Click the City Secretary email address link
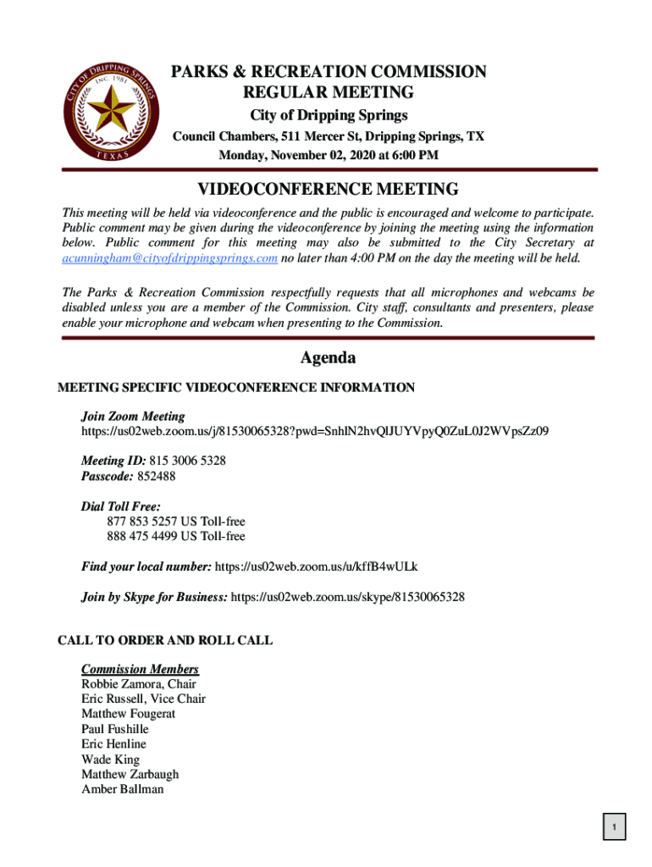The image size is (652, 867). point(170,258)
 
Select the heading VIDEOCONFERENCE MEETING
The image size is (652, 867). point(329,190)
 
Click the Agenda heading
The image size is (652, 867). point(328,358)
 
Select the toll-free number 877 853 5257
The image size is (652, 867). point(141,522)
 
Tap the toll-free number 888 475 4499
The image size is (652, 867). point(141,537)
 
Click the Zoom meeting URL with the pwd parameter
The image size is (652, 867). point(315,431)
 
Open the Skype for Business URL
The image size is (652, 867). point(347,597)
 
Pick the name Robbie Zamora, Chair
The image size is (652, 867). point(139,684)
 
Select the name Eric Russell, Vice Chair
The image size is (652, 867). point(143,699)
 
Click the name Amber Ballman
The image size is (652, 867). point(123,790)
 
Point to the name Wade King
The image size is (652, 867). point(110,759)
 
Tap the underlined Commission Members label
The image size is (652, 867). point(140,669)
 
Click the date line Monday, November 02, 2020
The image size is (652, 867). point(329,156)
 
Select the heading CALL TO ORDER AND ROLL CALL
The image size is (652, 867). point(165,640)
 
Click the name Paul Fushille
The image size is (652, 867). point(115,729)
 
